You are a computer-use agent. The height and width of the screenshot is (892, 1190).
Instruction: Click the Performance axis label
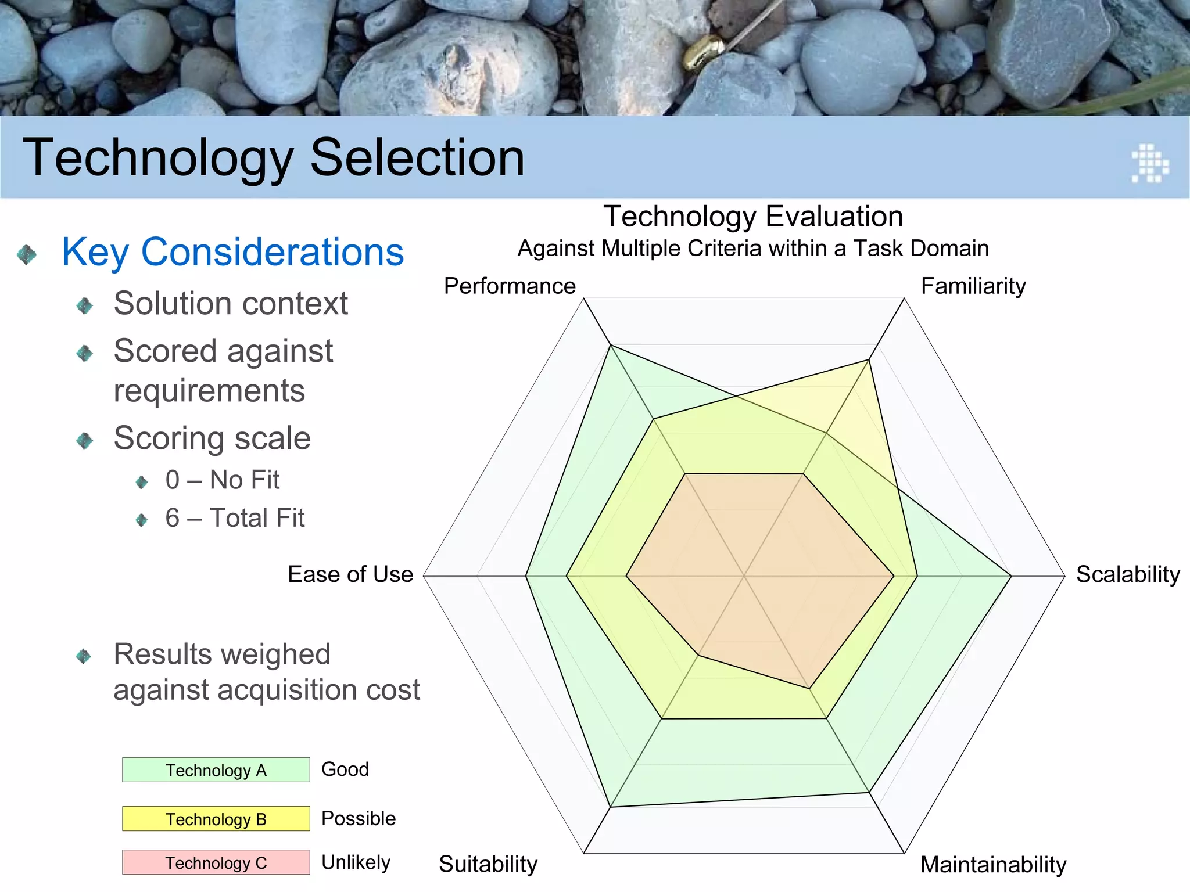coord(510,286)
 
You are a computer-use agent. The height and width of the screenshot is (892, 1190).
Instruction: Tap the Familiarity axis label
coord(973,286)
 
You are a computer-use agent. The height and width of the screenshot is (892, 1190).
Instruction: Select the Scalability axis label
coord(1128,574)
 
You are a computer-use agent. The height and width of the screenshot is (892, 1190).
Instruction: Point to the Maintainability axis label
coord(993,865)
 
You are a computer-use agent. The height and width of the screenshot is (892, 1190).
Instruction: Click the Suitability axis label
coord(488,864)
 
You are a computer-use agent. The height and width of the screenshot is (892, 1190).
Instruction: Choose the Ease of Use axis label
coord(350,574)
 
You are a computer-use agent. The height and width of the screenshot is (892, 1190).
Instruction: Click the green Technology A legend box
coord(216,770)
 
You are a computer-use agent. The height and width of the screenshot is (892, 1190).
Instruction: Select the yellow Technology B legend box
coord(216,819)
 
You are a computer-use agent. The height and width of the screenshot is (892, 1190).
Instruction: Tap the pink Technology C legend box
coord(216,862)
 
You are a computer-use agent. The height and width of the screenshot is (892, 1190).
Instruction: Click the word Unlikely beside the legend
coord(356,862)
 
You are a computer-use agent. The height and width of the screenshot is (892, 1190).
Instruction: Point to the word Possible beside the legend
coord(359,818)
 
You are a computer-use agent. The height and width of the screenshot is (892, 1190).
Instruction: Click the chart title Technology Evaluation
coord(753,217)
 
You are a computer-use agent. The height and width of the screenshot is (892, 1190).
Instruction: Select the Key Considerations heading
coord(232,252)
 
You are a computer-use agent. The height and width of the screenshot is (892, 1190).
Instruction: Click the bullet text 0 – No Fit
coord(222,480)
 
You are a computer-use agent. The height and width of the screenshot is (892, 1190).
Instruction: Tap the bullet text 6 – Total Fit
coord(235,518)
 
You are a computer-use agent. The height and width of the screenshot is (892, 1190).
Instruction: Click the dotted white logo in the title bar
coord(1150,163)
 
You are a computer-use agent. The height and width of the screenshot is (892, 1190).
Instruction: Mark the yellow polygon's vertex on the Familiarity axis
coord(869,360)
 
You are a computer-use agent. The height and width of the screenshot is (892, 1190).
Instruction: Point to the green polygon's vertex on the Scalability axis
coord(1012,576)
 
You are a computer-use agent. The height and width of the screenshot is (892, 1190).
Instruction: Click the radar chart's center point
coord(744,576)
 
